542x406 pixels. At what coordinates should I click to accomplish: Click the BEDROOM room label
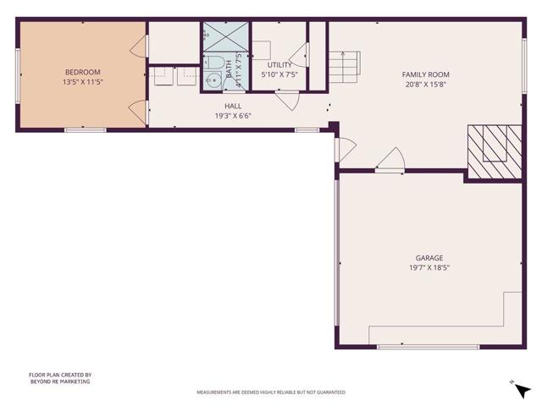coord(82,72)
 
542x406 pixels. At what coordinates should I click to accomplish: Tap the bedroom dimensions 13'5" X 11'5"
coord(82,82)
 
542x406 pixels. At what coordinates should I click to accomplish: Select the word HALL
coord(232,107)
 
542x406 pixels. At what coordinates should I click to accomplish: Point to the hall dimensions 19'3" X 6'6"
coord(232,116)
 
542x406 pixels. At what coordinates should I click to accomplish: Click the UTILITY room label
coord(279,65)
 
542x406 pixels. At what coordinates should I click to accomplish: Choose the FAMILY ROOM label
coord(424,74)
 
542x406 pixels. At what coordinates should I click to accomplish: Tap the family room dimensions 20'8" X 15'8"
coord(424,84)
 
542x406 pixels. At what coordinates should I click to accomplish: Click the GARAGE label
coord(429,258)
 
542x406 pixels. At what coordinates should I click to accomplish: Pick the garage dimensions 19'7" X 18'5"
coord(429,267)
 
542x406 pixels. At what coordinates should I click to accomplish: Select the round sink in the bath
coord(212,81)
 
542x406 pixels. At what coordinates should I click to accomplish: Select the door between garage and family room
coord(390,161)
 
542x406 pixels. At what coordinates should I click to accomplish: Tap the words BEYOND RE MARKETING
coord(59,381)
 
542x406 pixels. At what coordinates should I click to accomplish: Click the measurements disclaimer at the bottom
coord(271,392)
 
